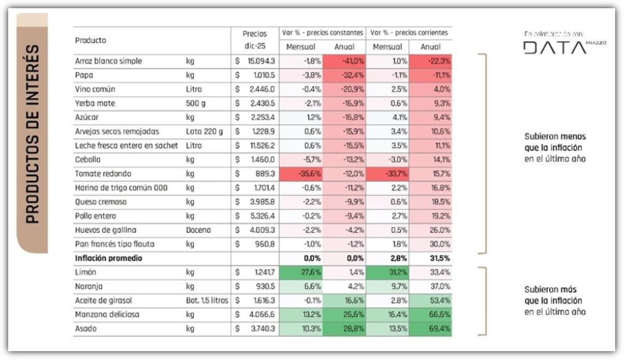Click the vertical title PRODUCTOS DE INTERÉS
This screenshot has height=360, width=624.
(x=32, y=134)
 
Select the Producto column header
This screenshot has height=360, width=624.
(x=91, y=41)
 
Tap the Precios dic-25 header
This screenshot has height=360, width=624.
(x=255, y=40)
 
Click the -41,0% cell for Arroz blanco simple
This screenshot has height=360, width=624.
(x=344, y=61)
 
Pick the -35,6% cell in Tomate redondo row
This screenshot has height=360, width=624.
(x=301, y=174)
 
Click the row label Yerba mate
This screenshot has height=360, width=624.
(x=95, y=104)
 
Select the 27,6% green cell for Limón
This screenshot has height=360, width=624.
(x=301, y=272)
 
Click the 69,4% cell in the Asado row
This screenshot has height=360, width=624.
(x=431, y=329)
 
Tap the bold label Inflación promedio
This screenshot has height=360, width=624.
(x=108, y=258)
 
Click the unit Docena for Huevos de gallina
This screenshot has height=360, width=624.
(x=198, y=230)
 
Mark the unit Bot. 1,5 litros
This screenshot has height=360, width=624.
(x=207, y=301)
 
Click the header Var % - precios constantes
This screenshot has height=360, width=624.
(x=322, y=32)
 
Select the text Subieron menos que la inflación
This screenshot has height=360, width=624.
(x=555, y=148)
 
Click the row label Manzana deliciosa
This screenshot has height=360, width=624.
(x=107, y=315)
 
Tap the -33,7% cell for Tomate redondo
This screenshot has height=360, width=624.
(x=387, y=174)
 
